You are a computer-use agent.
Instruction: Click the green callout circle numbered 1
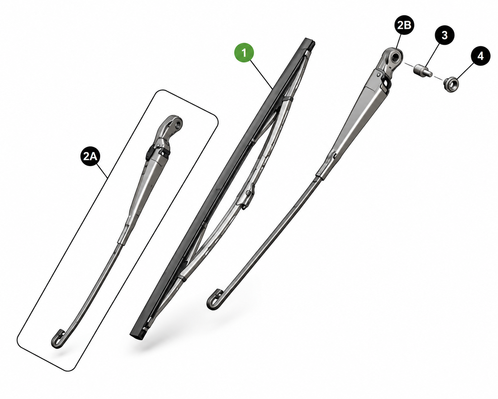pos(244,53)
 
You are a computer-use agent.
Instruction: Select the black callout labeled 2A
pos(90,156)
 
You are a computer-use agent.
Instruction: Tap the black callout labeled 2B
pos(404,25)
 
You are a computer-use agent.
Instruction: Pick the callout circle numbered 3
pos(445,35)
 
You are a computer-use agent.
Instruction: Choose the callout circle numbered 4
pos(480,56)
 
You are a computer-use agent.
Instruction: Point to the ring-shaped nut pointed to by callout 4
pos(451,85)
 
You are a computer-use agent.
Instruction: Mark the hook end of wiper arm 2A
pos(58,340)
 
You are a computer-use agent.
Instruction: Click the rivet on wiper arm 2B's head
pos(379,75)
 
